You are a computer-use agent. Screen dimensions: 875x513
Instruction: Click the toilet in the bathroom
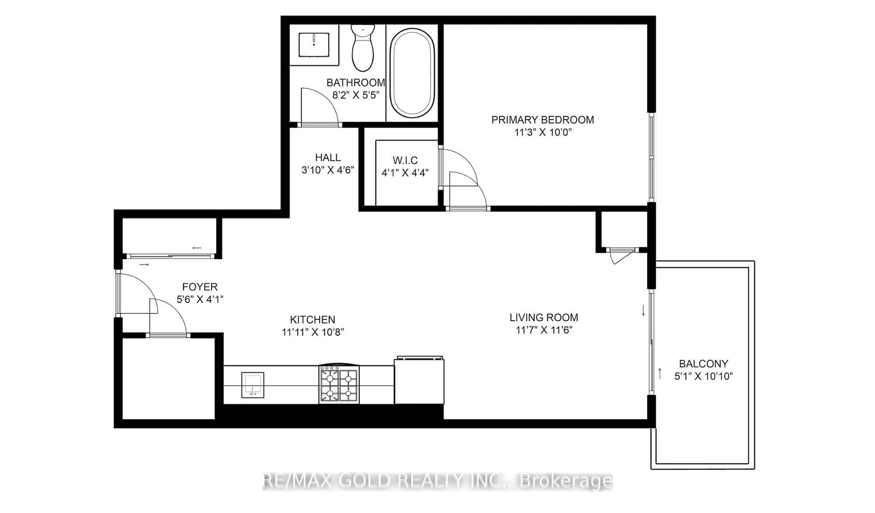coord(363,48)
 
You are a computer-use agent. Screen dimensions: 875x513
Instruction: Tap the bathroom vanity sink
coord(314,44)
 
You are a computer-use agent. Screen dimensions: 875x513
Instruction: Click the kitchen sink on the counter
coord(252,385)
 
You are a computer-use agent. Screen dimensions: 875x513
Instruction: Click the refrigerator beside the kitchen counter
coord(419,380)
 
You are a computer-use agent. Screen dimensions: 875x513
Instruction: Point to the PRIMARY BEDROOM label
coord(542,120)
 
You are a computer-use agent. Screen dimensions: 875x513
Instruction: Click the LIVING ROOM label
coord(544,317)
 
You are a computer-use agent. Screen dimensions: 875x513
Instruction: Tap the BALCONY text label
coord(703,364)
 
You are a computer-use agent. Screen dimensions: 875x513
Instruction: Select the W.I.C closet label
coord(405,161)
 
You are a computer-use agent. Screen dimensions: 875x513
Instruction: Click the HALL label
coord(328,158)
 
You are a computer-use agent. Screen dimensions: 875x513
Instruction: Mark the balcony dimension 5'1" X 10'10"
coord(703,376)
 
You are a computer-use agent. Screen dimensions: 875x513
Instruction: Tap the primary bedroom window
coord(652,157)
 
